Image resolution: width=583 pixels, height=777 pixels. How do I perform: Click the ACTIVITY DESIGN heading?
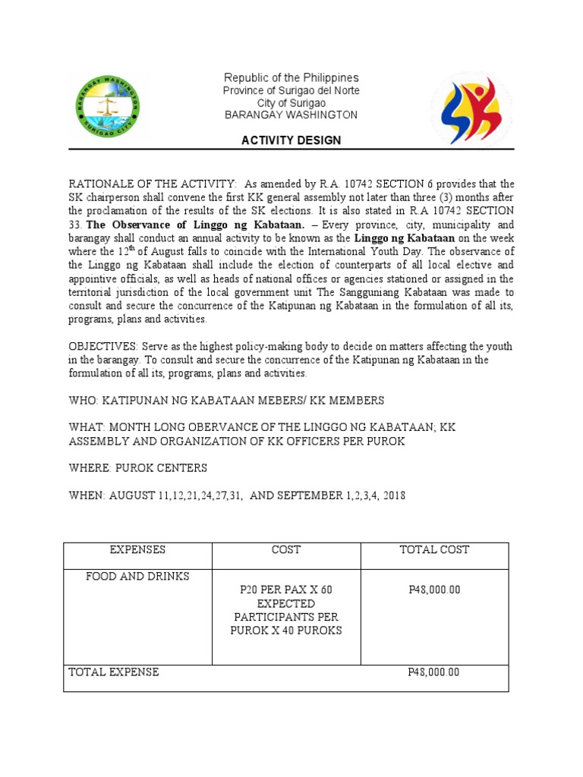coord(291,140)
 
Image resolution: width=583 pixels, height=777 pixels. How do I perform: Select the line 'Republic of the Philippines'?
coord(291,78)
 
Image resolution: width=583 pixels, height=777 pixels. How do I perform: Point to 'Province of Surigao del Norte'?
coord(291,91)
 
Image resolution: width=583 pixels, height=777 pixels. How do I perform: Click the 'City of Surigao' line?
coord(291,103)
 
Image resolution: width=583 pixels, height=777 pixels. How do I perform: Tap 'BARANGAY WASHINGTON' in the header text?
coord(291,115)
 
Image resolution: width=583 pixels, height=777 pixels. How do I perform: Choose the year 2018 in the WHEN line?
coord(393,495)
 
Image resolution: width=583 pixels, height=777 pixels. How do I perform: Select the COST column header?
coord(285,550)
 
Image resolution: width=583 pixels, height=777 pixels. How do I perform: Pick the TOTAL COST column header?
coord(434,550)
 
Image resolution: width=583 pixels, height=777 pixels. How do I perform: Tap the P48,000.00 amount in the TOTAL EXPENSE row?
coord(433,672)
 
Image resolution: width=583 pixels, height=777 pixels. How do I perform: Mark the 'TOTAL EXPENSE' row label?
coord(114,672)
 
